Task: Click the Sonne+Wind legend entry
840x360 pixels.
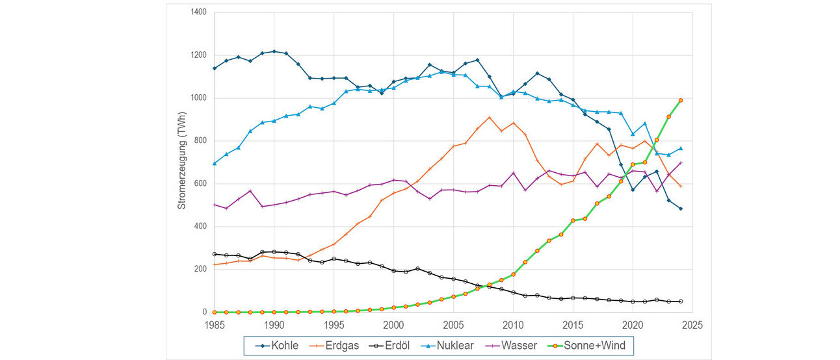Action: point(602,345)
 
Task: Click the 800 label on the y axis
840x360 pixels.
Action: point(200,141)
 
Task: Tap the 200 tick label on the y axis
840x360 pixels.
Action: point(200,269)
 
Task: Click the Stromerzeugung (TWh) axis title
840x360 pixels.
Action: point(183,162)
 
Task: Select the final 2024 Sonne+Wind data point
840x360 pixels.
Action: point(681,100)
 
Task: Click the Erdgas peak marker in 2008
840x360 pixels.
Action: point(489,118)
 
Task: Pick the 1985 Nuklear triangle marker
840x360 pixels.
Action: point(215,163)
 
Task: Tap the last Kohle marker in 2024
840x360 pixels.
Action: point(681,209)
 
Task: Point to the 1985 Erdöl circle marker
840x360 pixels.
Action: point(215,254)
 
